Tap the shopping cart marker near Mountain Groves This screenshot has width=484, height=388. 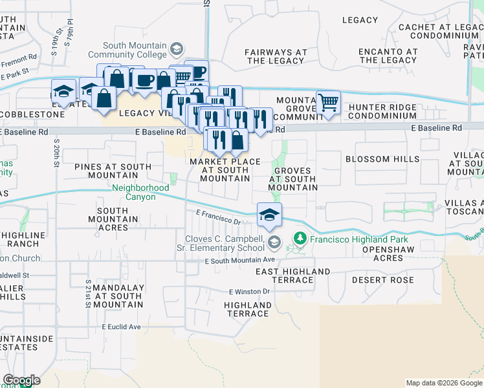coord(328,103)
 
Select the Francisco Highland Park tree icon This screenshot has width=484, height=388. coord(299,239)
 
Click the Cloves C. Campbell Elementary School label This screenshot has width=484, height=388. coord(220,243)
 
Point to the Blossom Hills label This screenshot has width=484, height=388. coord(382,159)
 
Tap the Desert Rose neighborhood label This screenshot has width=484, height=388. coord(382,280)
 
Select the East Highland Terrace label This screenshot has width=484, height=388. coord(293,276)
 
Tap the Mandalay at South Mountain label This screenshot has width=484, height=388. coord(117,296)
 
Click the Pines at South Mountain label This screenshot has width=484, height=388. coord(113,171)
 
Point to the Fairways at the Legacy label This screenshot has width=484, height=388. coord(276,56)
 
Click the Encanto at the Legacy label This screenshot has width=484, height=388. coord(388,56)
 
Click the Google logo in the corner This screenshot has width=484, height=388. coord(21,381)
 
